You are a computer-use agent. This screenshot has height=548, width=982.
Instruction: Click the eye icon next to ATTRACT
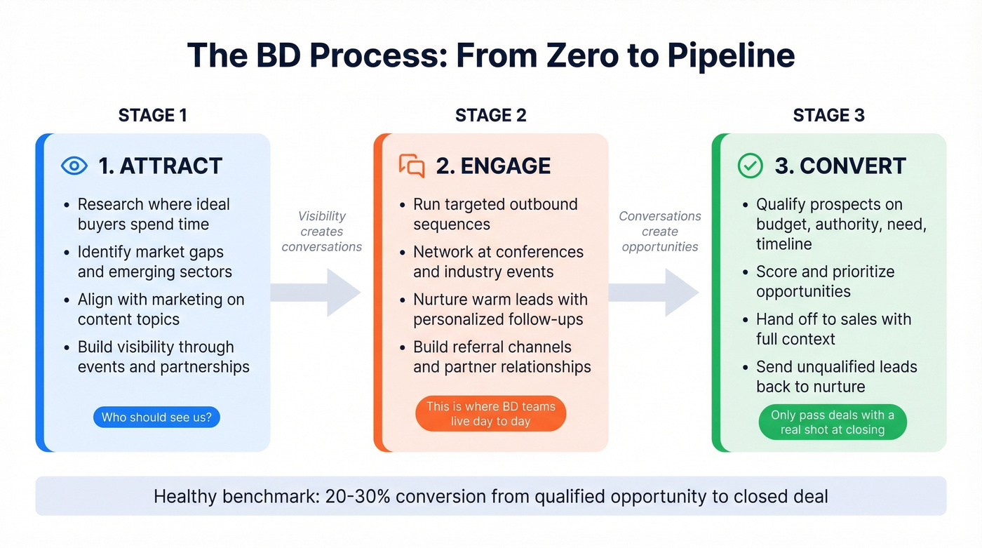pyautogui.click(x=74, y=166)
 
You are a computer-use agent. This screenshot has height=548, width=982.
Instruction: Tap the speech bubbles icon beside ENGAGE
pyautogui.click(x=412, y=166)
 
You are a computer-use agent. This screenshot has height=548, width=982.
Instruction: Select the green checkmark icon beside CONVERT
pyautogui.click(x=750, y=166)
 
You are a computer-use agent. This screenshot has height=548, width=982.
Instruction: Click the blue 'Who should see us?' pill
pyautogui.click(x=156, y=417)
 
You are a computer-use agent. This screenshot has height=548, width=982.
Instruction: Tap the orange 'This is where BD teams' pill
pyautogui.click(x=490, y=414)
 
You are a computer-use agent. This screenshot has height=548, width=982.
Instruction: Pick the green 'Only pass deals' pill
pyautogui.click(x=832, y=422)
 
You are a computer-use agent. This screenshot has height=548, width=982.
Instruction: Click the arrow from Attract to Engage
pyautogui.click(x=315, y=293)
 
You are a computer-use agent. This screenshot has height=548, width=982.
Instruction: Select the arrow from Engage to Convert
pyautogui.click(x=653, y=293)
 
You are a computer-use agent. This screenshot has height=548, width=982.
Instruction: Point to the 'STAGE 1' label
pyautogui.click(x=152, y=116)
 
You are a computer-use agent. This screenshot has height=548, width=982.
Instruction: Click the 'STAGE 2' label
pyautogui.click(x=490, y=116)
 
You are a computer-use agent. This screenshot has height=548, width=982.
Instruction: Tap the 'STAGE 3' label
pyautogui.click(x=828, y=116)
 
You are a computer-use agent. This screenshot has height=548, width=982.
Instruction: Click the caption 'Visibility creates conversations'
pyautogui.click(x=322, y=232)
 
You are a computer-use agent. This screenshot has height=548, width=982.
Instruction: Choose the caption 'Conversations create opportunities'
pyautogui.click(x=659, y=232)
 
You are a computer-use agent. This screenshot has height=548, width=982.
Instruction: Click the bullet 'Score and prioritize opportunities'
pyautogui.click(x=825, y=281)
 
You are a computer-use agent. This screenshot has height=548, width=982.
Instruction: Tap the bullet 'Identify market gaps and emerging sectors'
pyautogui.click(x=154, y=262)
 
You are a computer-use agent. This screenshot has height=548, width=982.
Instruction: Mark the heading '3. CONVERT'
pyautogui.click(x=840, y=166)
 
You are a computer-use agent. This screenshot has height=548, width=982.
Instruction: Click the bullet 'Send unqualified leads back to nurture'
pyautogui.click(x=836, y=377)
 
